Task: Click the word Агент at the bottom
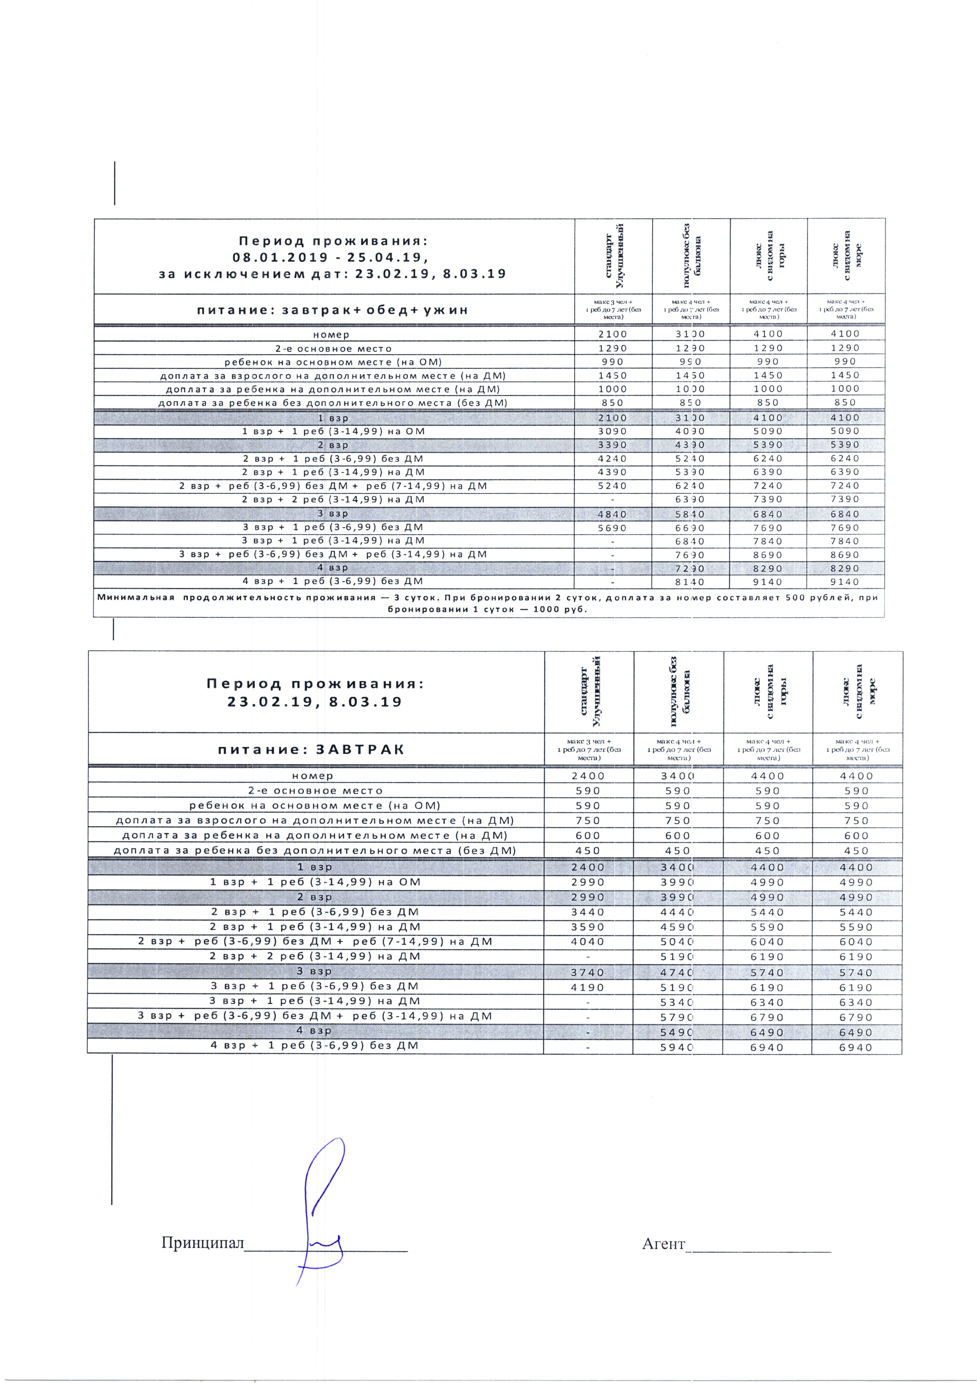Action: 663,1243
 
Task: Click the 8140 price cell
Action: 690,582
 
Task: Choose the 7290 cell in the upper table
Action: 690,568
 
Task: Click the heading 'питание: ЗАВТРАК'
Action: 310,749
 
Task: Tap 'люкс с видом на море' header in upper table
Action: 846,256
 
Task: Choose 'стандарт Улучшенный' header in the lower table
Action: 588,691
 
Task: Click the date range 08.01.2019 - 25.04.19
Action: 331,257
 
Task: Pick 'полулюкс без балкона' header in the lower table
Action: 678,691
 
